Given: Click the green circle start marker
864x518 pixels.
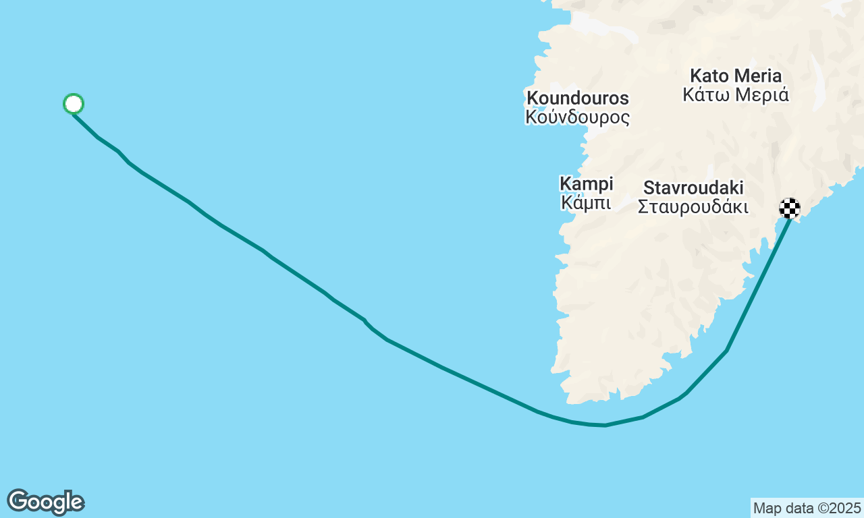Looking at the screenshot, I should coord(74,104).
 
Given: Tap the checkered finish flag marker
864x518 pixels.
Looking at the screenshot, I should coord(790,208).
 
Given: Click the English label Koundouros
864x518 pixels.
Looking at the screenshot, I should coord(578,98).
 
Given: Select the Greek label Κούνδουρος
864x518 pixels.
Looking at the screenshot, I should coord(578,117).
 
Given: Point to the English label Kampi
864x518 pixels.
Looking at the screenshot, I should coord(587,183).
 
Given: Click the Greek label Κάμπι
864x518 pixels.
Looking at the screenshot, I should coord(587,202).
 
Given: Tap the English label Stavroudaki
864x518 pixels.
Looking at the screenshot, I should coord(693,188).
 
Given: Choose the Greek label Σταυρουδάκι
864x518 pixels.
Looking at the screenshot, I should coord(693,206).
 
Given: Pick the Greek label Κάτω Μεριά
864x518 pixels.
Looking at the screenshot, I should coord(736,94).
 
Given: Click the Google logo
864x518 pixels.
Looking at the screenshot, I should coord(45,502).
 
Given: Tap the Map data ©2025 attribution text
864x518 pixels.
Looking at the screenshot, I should coord(807,508).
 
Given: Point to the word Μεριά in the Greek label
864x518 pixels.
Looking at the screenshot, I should coord(761,94).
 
